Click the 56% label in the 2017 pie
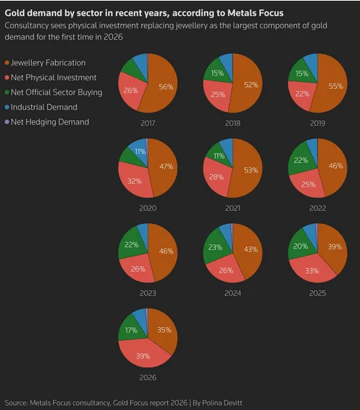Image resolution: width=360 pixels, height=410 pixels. click(166, 87)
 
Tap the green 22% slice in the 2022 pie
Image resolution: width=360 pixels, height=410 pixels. click(301, 159)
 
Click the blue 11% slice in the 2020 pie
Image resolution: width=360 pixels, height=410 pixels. click(139, 150)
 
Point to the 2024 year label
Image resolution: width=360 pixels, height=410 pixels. click(233, 293)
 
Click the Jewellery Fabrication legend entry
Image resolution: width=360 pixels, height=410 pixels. click(45, 63)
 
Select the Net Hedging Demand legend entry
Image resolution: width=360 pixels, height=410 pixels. click(47, 122)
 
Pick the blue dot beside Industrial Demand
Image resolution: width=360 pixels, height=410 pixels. click(7, 107)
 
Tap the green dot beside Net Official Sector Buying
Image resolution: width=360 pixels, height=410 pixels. click(7, 92)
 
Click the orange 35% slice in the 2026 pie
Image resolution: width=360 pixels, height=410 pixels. click(164, 331)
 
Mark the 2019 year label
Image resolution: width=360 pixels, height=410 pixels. click(317, 123)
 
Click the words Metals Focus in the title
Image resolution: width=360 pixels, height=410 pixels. click(255, 13)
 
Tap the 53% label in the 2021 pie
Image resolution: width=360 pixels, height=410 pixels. click(251, 170)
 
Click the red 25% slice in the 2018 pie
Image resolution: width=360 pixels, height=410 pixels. click(217, 95)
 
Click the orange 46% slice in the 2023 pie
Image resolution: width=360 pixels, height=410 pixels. click(164, 251)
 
